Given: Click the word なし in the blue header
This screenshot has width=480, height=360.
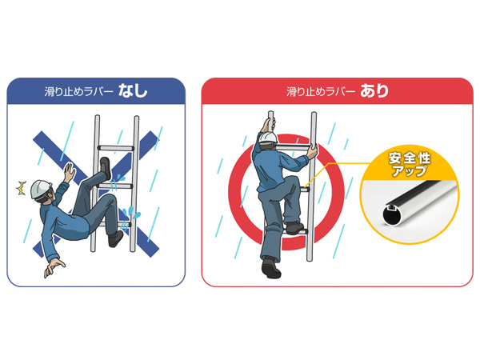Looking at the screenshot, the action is (x=133, y=91).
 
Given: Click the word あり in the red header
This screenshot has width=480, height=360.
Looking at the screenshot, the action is (x=374, y=91).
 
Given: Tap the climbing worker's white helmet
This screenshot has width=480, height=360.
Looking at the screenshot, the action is (x=268, y=138).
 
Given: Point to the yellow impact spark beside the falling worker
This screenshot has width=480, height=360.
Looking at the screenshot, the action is (x=21, y=188).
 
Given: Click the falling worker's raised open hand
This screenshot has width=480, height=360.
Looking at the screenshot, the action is (x=70, y=173).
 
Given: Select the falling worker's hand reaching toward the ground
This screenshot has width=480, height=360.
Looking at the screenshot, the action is (x=54, y=267).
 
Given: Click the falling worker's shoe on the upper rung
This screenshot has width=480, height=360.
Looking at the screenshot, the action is (x=106, y=168).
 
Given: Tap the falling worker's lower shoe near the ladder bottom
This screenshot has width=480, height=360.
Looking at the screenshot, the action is (x=115, y=238).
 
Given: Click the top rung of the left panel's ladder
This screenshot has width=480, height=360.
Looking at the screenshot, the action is (x=116, y=148).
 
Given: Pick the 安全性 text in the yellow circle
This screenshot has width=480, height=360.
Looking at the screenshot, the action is (x=410, y=158).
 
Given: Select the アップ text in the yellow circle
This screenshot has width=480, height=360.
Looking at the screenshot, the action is (x=410, y=171).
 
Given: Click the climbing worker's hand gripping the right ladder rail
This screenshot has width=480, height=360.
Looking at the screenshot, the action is (x=313, y=151).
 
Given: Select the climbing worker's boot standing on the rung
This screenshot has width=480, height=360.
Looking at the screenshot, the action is (x=294, y=228).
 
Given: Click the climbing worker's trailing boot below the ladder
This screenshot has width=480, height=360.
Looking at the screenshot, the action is (x=270, y=268).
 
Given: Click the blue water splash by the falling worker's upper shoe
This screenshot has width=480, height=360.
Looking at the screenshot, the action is (x=117, y=181).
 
